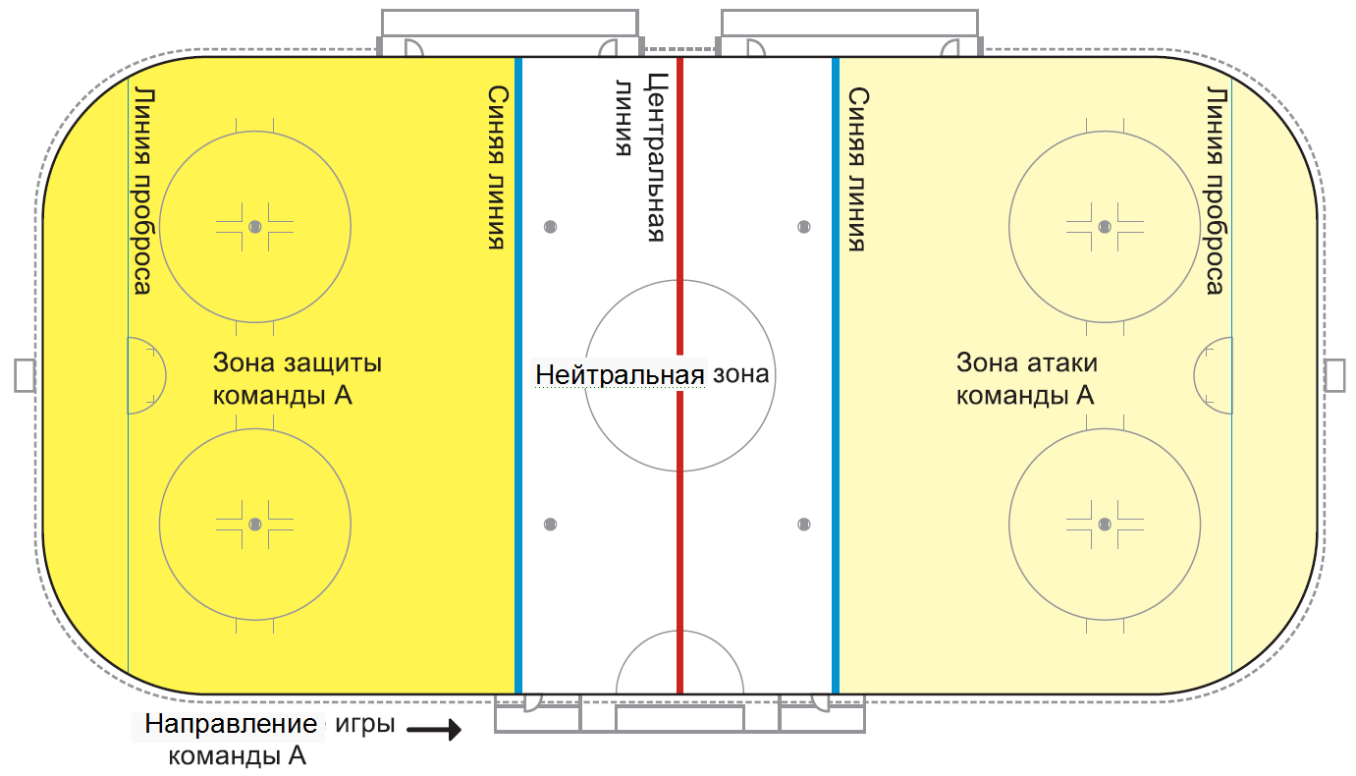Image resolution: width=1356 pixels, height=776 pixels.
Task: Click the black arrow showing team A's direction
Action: coord(434,729)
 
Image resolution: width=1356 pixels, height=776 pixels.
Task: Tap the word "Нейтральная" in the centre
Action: coord(620,374)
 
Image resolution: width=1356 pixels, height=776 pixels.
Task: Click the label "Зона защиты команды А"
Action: coord(298,378)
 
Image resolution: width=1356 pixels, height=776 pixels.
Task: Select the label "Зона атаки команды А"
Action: coord(1026,378)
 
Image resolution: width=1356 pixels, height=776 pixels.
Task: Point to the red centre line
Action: coord(679,375)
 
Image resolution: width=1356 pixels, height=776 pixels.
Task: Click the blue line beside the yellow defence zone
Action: coord(518,375)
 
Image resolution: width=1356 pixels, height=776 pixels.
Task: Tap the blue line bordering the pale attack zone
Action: coord(836,375)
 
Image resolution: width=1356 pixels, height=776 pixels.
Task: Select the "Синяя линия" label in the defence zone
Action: coord(497,168)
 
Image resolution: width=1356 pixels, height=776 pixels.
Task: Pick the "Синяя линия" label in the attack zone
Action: coord(858,169)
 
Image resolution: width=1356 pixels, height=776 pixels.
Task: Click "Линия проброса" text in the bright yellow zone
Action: coord(142,192)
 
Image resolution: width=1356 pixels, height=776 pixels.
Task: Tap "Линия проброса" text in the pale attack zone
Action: coord(1217,191)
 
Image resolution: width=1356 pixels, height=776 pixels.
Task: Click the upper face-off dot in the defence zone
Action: coord(255,227)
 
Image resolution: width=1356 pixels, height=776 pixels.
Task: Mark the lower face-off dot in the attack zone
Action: coord(1105,525)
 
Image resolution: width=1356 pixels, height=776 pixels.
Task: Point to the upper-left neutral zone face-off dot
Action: coord(550,227)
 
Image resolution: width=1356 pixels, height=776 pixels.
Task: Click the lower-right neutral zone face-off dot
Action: coord(804,525)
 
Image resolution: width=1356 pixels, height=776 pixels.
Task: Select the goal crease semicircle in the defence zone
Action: coord(165,375)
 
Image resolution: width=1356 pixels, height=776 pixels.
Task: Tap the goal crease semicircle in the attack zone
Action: coord(1194,375)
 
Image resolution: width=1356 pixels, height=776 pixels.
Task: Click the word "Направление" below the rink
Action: coord(231,724)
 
